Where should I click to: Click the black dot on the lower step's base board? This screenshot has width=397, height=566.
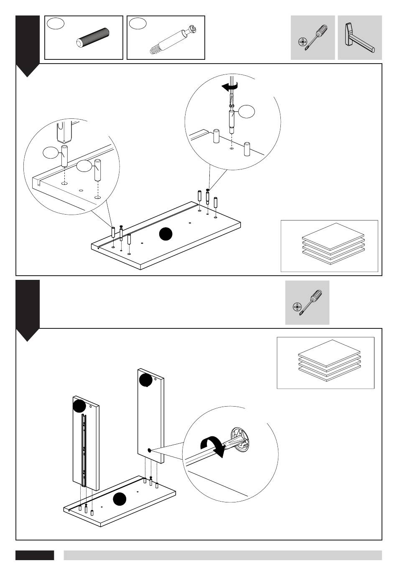tap(120, 499)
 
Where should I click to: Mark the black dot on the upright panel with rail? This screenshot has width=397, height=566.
tap(79, 405)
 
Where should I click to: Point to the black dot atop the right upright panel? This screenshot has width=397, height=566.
tap(145, 380)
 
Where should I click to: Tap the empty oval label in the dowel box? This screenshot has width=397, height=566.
tap(56, 23)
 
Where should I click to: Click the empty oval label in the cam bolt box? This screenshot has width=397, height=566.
tap(137, 23)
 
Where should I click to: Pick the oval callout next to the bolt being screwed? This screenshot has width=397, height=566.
tap(247, 111)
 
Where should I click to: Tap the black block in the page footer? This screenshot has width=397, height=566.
tap(35, 555)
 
